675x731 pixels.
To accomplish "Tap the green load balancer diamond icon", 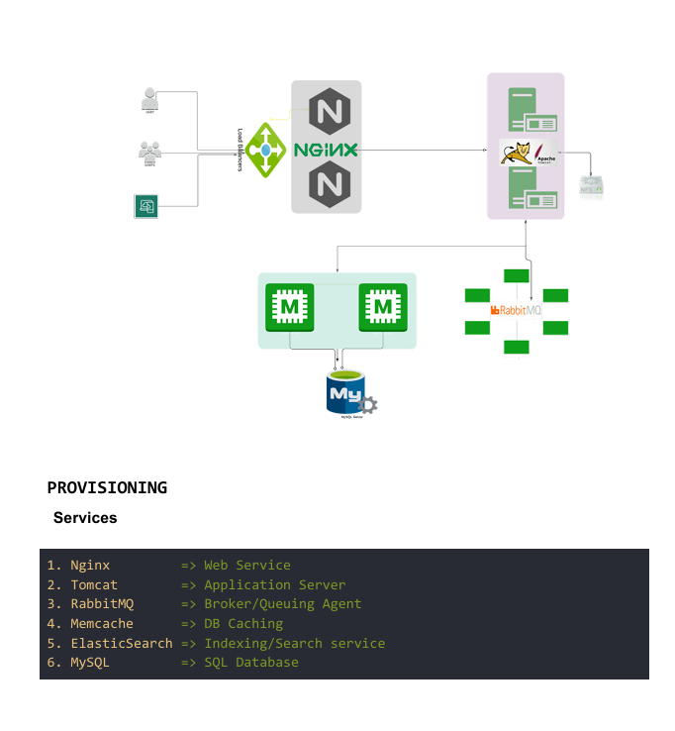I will point(265,150).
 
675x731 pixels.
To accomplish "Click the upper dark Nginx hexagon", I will point(327,110).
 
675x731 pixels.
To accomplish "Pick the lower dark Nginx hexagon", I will point(327,185).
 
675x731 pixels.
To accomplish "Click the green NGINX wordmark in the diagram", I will point(326,150).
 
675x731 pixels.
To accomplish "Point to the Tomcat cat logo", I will point(516,153).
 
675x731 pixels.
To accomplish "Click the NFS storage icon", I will point(591,185).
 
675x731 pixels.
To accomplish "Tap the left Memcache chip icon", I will point(290,309).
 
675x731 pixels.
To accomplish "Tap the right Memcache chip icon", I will point(383,309).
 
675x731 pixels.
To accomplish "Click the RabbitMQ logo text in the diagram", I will point(517,310).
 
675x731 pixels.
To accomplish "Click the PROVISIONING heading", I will point(107,487).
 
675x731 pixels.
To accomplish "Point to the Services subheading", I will point(85,518).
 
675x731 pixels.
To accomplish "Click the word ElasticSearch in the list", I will point(121,643).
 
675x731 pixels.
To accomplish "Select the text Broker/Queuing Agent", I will point(282,603).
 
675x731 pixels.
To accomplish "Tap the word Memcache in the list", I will point(101,623).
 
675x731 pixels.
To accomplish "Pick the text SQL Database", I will point(250,662).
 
